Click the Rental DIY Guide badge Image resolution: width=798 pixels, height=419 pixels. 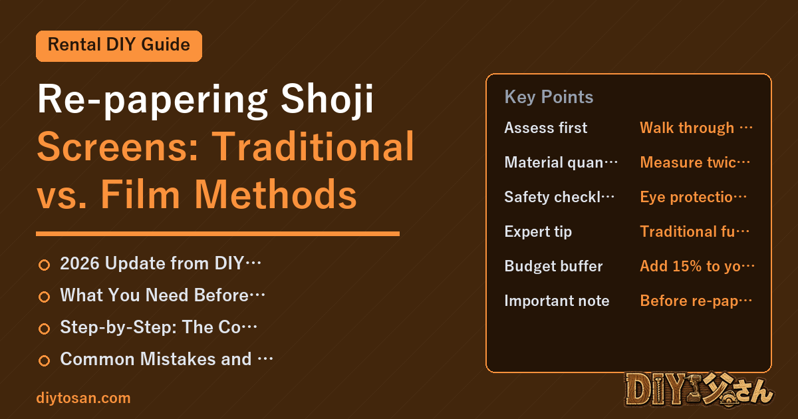119,46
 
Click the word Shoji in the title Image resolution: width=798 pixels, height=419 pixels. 327,99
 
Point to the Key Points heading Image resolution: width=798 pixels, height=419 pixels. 549,97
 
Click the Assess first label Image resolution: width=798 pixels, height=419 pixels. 546,128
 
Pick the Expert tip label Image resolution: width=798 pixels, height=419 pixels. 538,232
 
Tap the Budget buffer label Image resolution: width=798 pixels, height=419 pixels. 553,266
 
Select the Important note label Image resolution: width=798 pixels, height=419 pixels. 557,301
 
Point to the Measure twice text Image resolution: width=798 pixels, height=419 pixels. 695,162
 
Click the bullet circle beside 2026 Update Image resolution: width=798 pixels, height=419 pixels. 44,265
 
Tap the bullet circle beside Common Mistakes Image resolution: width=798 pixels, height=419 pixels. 44,360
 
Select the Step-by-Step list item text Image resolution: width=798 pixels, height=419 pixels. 158,327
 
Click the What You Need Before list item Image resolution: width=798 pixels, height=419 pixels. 162,295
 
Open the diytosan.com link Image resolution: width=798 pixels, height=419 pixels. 83,398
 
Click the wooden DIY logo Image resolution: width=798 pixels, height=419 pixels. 699,390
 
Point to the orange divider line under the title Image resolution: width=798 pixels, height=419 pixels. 217,233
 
